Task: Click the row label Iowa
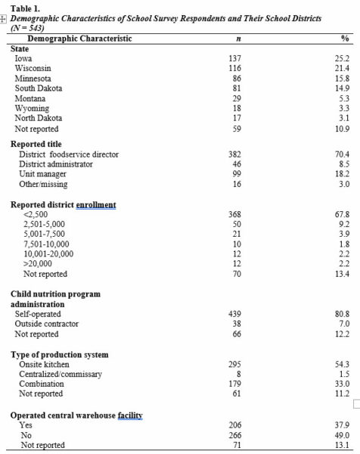click(23, 58)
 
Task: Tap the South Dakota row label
click(38, 89)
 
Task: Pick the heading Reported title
click(36, 144)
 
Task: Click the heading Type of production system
click(59, 354)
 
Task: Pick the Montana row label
click(30, 98)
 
